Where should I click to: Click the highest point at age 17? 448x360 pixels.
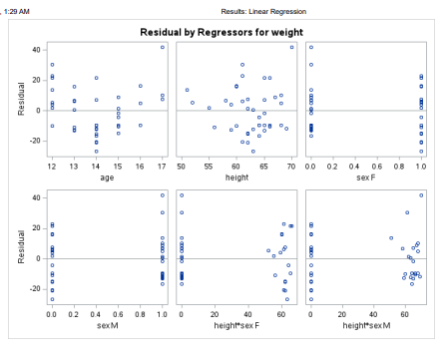coord(163,47)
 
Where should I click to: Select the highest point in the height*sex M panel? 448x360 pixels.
coord(422,195)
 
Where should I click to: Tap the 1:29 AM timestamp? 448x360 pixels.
coord(15,10)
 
